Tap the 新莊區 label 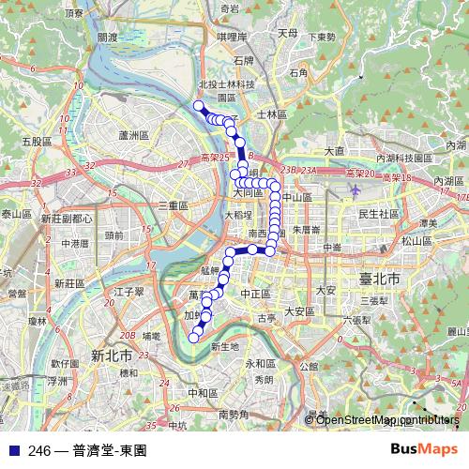coord(69,282)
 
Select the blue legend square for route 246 coord(13,450)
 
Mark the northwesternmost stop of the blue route coord(197,105)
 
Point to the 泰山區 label coord(16,215)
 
